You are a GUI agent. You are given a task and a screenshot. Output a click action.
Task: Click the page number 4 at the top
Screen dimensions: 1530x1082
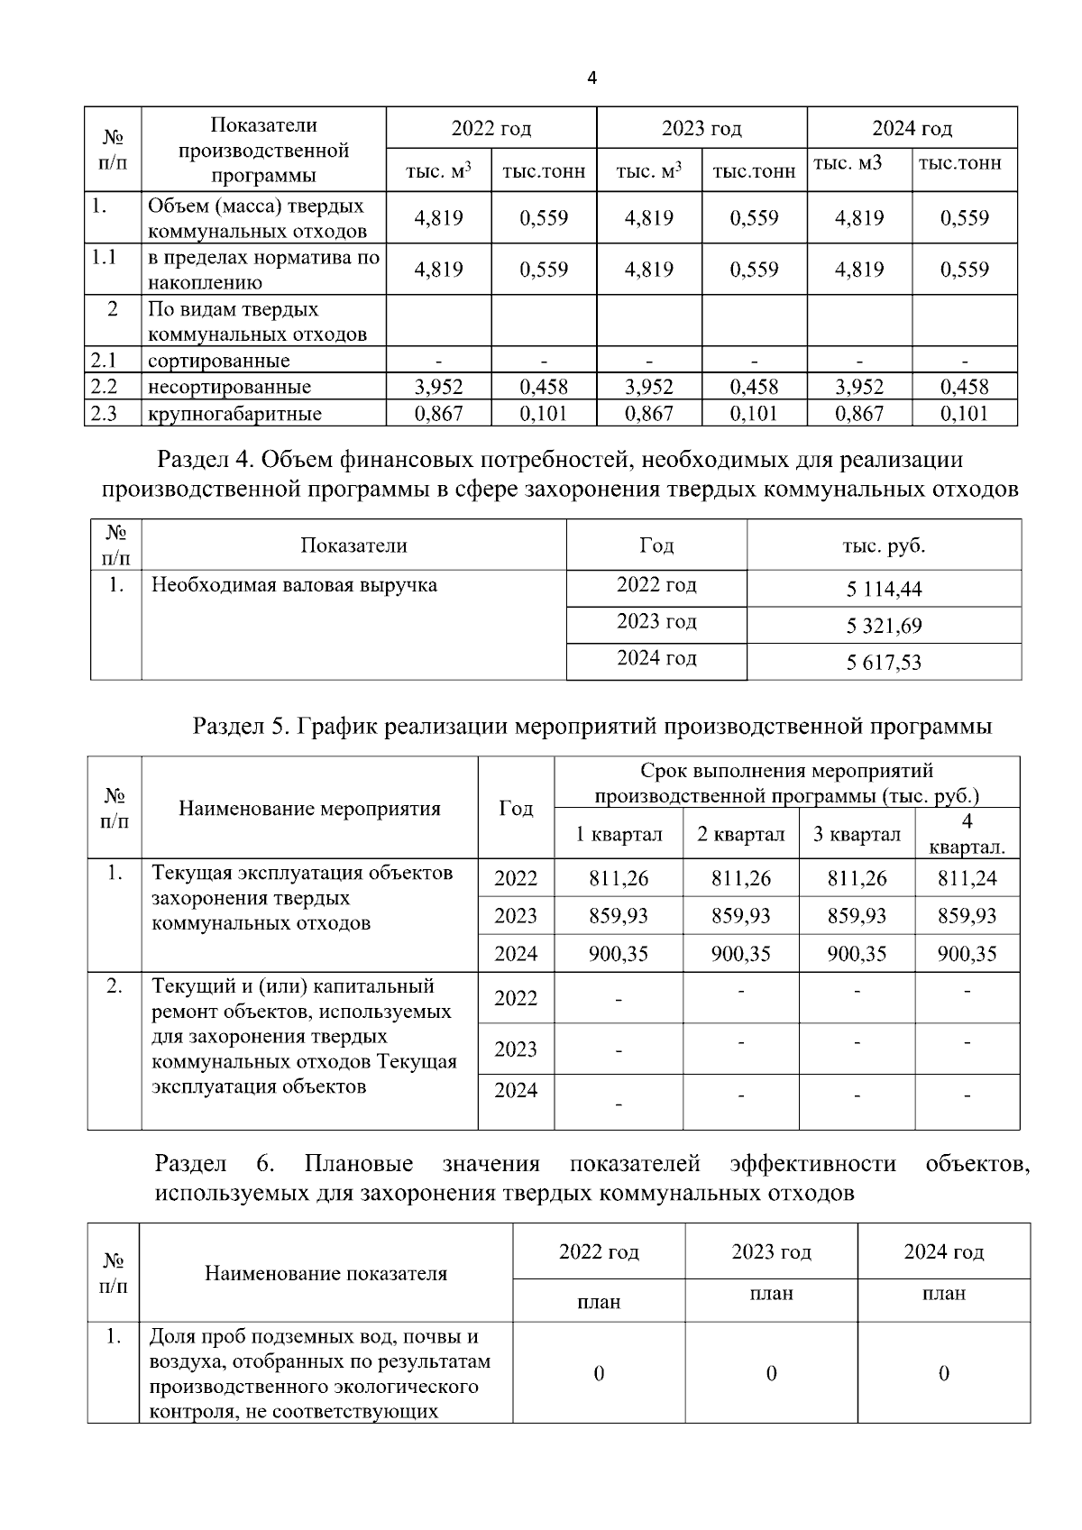point(591,78)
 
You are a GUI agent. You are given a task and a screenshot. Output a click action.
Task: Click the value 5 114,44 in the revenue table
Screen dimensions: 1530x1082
point(884,590)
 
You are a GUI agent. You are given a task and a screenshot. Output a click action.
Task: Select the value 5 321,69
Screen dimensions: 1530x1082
point(884,626)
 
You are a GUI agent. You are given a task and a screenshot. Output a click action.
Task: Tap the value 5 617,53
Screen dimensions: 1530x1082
point(884,663)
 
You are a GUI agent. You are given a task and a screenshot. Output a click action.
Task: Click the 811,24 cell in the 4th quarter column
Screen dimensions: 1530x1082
point(967,878)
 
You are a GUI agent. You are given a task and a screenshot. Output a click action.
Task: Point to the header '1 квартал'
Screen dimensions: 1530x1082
point(619,834)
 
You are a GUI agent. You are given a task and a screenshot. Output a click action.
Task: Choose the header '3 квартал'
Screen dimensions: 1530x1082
point(857,834)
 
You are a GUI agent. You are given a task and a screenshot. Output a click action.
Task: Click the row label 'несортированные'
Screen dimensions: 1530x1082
point(229,387)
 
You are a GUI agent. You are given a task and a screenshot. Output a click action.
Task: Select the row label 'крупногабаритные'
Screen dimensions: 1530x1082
point(234,414)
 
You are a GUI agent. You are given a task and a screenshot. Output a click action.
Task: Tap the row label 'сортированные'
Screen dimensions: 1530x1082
point(219,361)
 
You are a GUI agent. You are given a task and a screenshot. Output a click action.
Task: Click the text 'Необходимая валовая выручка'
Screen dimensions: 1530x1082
point(294,585)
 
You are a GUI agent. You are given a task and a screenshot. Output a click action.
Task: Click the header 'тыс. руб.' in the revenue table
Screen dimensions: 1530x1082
point(884,545)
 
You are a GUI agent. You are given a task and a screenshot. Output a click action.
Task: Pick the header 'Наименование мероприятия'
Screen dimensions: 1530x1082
point(309,808)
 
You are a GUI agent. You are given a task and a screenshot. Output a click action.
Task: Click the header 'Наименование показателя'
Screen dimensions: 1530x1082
point(326,1273)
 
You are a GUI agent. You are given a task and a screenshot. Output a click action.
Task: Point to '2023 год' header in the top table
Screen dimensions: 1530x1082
point(701,128)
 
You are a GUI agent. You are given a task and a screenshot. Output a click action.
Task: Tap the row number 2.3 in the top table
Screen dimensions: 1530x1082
point(105,414)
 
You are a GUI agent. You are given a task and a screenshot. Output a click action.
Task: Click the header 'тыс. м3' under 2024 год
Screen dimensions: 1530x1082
point(848,163)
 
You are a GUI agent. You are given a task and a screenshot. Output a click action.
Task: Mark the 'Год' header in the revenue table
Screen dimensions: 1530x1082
point(656,545)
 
